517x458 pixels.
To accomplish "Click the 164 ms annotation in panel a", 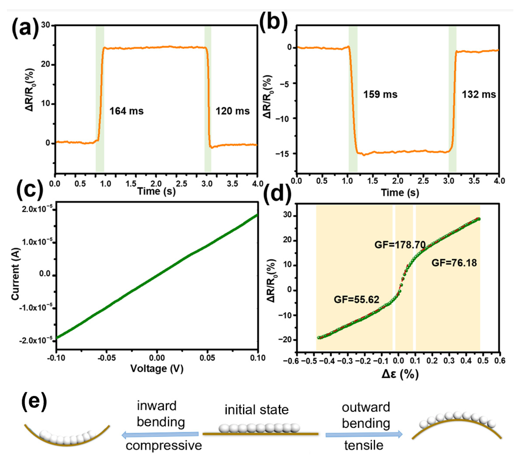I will coord(126,111).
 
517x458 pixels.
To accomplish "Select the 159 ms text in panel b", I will coord(380,94).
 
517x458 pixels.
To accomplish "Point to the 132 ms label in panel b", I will coord(479,94).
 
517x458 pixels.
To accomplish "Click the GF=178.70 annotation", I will coord(400,245).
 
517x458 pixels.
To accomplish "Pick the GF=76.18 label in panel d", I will coord(454,263).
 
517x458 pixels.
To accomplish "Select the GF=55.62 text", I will coord(356,300).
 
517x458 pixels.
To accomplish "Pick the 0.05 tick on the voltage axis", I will coord(207,358).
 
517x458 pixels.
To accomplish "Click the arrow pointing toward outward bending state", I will coord(364,434).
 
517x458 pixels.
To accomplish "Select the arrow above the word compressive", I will coord(160,434).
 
